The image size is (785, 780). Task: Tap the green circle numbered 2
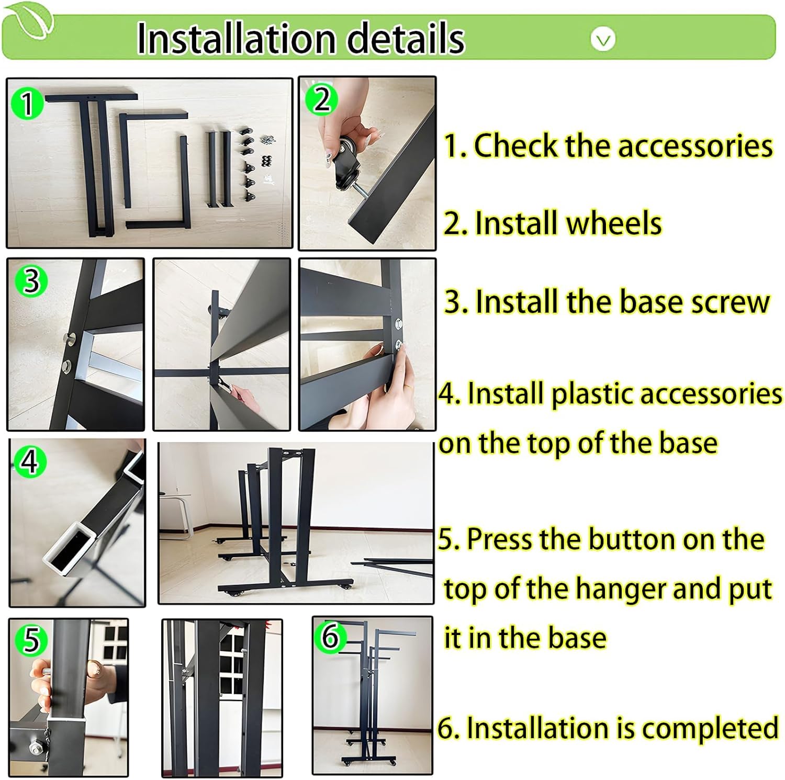(x=322, y=99)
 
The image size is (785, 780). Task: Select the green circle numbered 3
(x=31, y=280)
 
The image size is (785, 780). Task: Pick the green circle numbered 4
(x=30, y=461)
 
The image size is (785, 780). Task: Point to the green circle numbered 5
(x=31, y=639)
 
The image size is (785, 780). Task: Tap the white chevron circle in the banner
(x=603, y=39)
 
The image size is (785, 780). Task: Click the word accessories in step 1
(x=695, y=146)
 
